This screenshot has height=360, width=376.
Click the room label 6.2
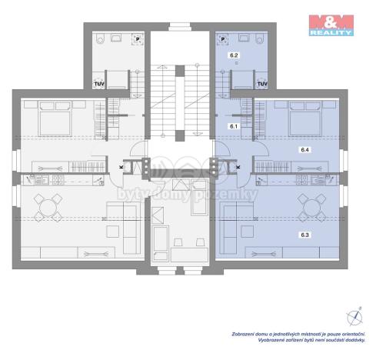tap(234, 56)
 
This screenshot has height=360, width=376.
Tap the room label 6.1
tap(234, 124)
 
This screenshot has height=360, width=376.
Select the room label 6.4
tap(304, 152)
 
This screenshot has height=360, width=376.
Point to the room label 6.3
tap(304, 233)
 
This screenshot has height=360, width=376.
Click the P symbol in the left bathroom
tap(137, 37)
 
